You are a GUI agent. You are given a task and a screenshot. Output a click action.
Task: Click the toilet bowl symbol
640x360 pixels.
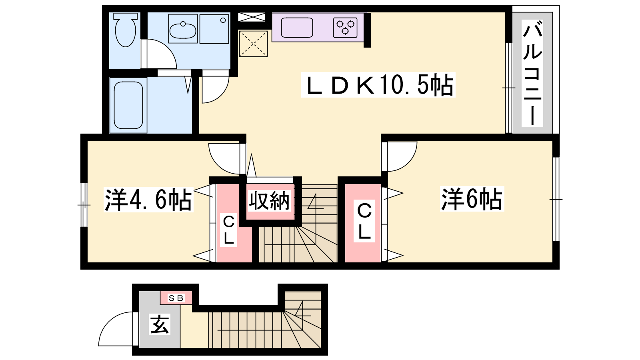(126, 30)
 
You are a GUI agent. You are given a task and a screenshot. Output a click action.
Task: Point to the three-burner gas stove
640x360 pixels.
(345, 28)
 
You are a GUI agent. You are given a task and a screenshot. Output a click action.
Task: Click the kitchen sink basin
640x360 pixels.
(297, 28)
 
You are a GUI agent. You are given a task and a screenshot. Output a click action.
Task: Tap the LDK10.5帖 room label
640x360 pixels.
(378, 85)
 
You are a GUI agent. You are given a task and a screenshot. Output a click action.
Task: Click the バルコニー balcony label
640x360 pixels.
(532, 74)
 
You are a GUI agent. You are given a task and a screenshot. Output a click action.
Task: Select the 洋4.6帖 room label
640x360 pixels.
(148, 200)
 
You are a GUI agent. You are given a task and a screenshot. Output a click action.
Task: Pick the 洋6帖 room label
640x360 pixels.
(472, 199)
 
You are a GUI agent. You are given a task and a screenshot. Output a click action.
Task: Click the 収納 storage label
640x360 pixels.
(269, 200)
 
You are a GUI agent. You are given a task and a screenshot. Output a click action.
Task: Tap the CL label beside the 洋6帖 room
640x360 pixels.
(364, 220)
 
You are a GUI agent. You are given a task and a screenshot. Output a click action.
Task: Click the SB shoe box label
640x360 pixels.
(176, 298)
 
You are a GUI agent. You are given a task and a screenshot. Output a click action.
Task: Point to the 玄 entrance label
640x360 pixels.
(160, 324)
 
